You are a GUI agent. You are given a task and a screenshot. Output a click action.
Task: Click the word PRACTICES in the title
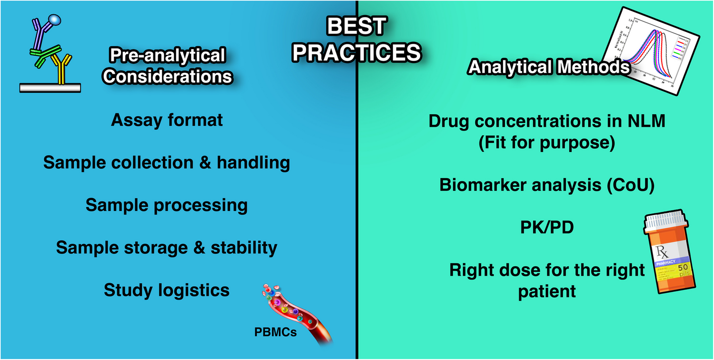click(357, 52)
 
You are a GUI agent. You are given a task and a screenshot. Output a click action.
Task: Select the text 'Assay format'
click(167, 120)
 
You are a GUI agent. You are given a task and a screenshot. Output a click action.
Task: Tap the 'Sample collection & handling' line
click(167, 163)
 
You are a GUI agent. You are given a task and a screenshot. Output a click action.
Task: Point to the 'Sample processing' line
click(167, 205)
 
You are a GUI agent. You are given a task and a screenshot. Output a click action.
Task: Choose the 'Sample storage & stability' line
click(167, 248)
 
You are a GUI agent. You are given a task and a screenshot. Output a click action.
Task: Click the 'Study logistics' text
click(167, 290)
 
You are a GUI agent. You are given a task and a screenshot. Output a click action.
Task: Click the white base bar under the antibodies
click(50, 88)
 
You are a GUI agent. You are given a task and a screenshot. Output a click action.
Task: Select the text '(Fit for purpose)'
click(546, 142)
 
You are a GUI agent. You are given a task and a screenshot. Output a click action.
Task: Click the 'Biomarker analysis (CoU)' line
click(546, 185)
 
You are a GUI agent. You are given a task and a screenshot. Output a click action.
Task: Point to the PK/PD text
click(546, 228)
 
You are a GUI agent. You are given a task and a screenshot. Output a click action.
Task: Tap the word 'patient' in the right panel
click(546, 290)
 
